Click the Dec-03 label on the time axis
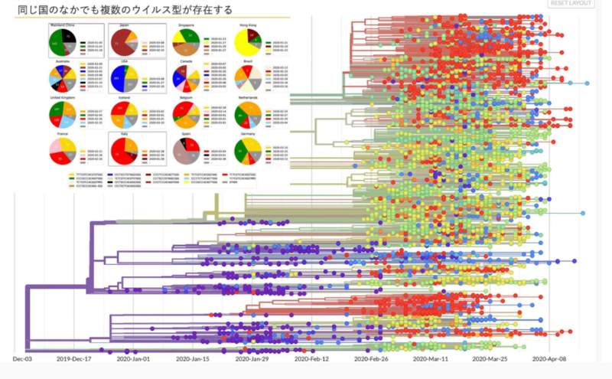click(23, 358)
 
